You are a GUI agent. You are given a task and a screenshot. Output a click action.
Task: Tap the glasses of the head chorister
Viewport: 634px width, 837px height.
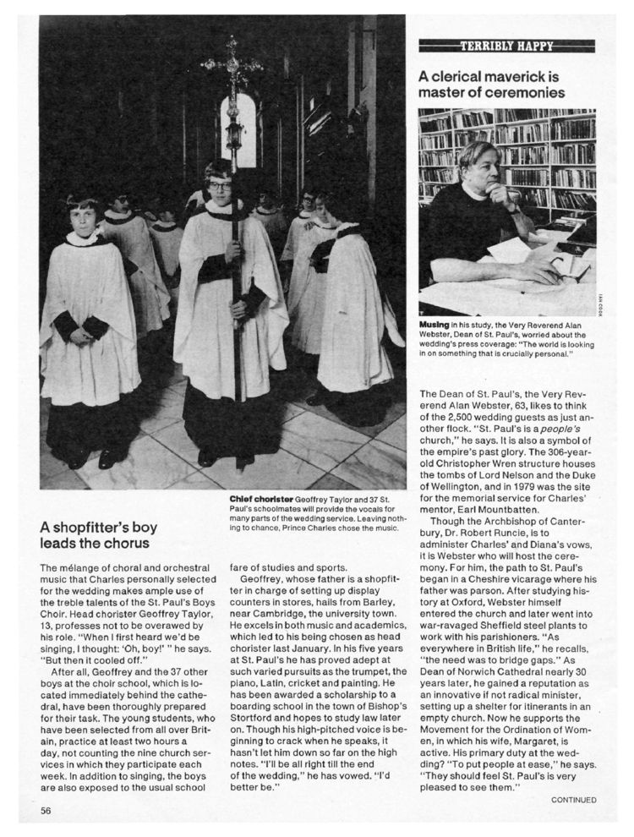click(x=220, y=185)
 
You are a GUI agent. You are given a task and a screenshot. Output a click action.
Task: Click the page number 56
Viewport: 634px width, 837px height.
click(x=46, y=810)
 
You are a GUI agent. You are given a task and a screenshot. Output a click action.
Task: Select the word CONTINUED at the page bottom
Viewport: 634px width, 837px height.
click(x=574, y=800)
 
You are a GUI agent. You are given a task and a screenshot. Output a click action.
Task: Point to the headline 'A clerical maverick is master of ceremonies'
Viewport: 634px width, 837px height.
click(x=491, y=84)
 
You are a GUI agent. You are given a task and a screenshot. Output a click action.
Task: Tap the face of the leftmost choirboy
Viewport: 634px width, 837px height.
click(x=84, y=218)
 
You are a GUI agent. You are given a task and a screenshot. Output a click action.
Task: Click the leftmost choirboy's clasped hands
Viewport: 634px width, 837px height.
click(x=80, y=336)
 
